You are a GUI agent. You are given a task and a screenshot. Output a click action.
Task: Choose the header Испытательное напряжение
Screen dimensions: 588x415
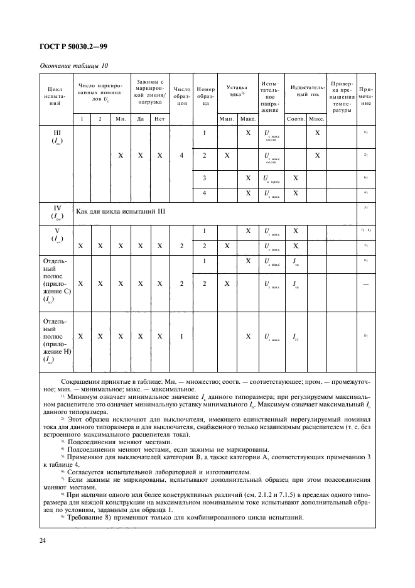click(x=269, y=97)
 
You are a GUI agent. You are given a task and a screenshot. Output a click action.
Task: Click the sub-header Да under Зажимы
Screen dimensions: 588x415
click(x=141, y=119)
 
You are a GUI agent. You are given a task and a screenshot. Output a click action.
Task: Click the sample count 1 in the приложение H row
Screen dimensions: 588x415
click(x=181, y=337)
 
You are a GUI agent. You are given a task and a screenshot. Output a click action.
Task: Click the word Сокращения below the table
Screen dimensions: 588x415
click(x=84, y=383)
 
